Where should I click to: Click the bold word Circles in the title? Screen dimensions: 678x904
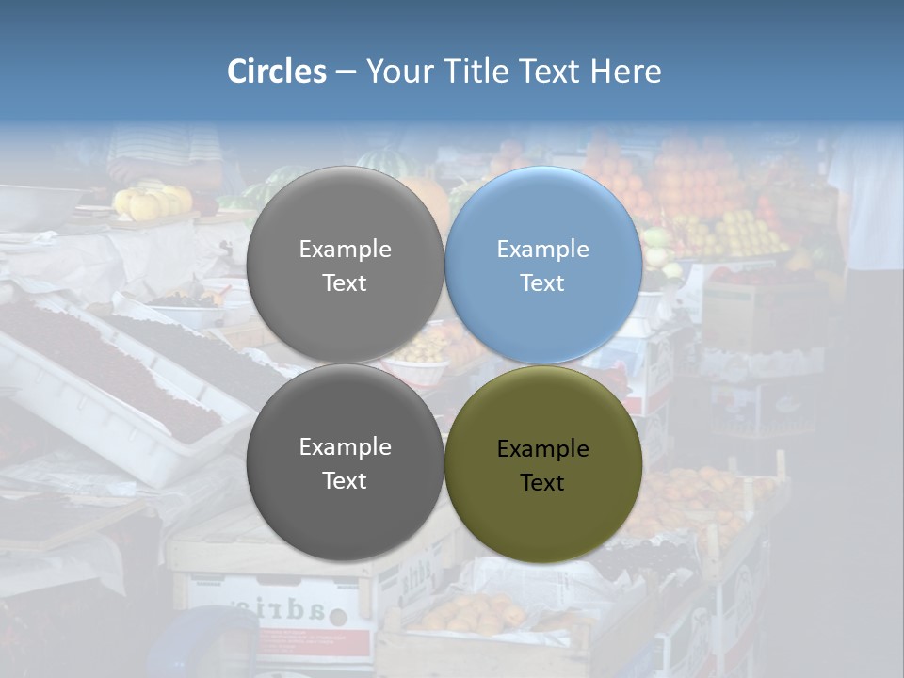[x=277, y=72]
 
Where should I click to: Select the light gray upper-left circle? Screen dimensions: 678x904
[x=345, y=217]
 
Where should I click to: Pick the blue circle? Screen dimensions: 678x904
[x=543, y=217]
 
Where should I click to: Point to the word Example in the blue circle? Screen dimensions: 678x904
[x=542, y=250]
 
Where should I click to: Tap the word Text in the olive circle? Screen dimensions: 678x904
[x=542, y=482]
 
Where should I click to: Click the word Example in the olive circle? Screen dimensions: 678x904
[x=542, y=449]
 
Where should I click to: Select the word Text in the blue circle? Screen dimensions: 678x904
[x=542, y=282]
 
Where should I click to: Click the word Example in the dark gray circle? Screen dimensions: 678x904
[x=345, y=447]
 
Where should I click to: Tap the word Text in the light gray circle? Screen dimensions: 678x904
[x=345, y=282]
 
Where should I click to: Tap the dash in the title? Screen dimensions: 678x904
[x=346, y=72]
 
